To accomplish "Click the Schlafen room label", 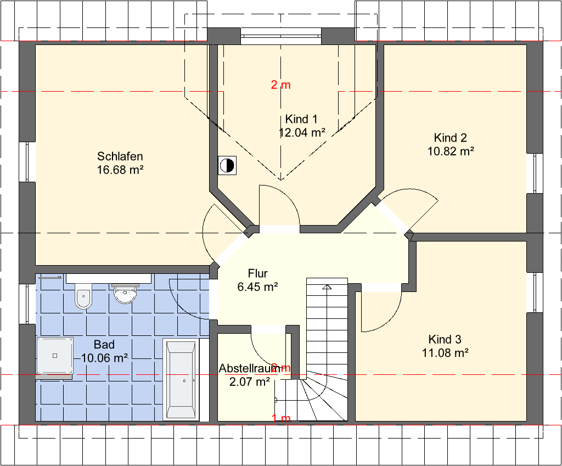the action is tap(120, 156).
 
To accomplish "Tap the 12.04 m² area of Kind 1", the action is tap(302, 133).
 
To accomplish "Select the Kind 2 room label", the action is tap(451, 138).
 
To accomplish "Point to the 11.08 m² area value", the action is tap(445, 353).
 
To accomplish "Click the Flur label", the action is tap(258, 273).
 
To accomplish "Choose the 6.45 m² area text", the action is tap(258, 287).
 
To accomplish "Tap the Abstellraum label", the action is tap(250, 368).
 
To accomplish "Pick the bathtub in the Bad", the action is tap(181, 379).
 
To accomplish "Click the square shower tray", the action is tap(55, 356).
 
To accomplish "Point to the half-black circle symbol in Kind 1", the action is tap(227, 166).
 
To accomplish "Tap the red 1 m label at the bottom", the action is tap(281, 418).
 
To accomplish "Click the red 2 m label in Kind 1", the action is tap(280, 85).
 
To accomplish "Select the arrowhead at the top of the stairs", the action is tap(327, 287).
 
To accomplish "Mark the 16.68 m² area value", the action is tap(120, 170).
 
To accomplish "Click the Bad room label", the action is tap(104, 345).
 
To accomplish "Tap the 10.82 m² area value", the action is tap(451, 151).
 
